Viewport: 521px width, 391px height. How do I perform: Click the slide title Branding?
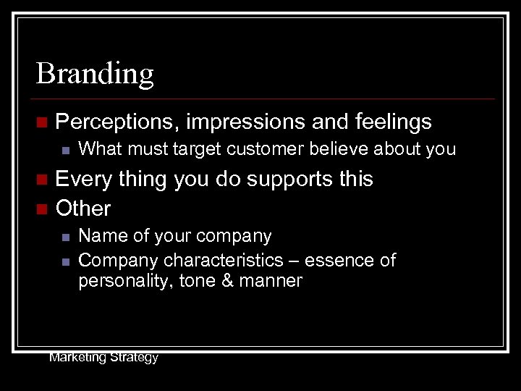pos(95,74)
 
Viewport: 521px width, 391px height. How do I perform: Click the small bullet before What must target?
pos(64,151)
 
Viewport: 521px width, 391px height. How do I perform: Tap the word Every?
pos(83,180)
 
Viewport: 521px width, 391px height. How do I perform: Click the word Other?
pos(83,209)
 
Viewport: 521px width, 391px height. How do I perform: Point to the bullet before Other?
pos(41,209)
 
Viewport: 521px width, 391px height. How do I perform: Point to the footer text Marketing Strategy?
pos(103,357)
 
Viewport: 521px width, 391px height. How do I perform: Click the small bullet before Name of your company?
pos(64,237)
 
